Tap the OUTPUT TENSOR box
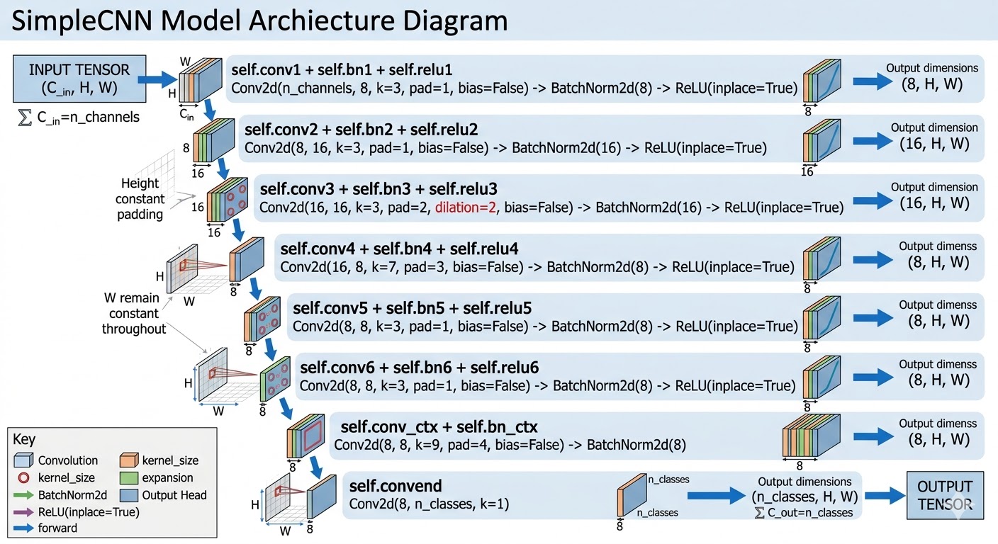click(945, 495)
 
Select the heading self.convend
click(396, 486)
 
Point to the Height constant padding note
click(140, 198)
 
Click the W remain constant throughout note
click(133, 313)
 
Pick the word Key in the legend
click(24, 440)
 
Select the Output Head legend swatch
click(128, 494)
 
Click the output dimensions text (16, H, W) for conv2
click(934, 144)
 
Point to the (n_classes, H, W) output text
click(804, 497)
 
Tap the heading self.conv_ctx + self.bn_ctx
click(439, 427)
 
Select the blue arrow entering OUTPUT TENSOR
click(885, 495)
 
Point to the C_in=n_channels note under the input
click(78, 116)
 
